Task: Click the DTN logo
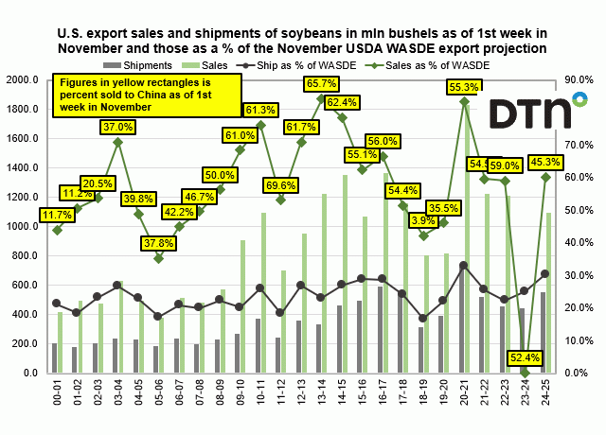530,113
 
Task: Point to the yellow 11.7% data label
58,216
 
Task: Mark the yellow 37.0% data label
117,127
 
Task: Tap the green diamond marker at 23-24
526,373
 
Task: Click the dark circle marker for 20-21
464,266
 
